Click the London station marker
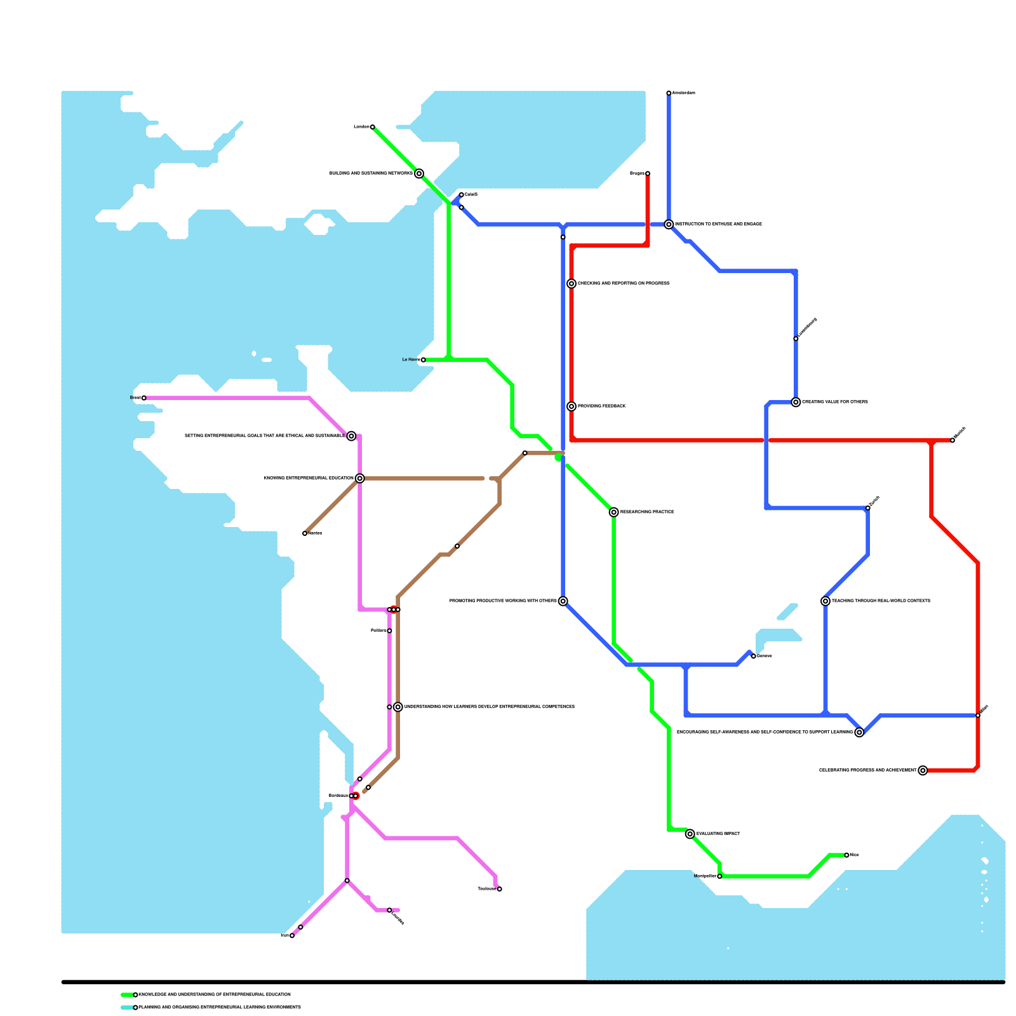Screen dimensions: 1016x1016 (372, 127)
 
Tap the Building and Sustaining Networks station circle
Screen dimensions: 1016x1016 (419, 173)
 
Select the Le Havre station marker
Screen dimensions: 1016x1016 (423, 360)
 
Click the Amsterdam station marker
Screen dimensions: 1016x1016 (669, 93)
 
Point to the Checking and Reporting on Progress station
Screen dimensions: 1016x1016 (571, 284)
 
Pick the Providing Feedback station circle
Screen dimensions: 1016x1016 (571, 406)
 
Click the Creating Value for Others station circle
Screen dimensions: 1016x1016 (796, 402)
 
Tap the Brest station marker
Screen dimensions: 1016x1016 (144, 398)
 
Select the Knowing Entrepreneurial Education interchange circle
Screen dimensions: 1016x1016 (359, 478)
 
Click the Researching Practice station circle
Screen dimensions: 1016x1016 (613, 512)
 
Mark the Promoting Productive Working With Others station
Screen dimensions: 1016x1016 (563, 601)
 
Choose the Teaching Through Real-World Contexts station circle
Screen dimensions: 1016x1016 (825, 601)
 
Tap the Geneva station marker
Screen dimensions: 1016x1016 (753, 656)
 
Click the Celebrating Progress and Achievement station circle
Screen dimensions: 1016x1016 (923, 770)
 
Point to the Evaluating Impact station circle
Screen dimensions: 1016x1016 (690, 834)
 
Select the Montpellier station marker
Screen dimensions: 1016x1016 (719, 876)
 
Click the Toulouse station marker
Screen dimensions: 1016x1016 (499, 889)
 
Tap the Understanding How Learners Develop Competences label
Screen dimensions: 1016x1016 (489, 707)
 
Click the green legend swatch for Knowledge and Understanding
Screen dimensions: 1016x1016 (127, 995)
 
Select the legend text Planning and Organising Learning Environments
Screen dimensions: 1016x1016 (220, 1008)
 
